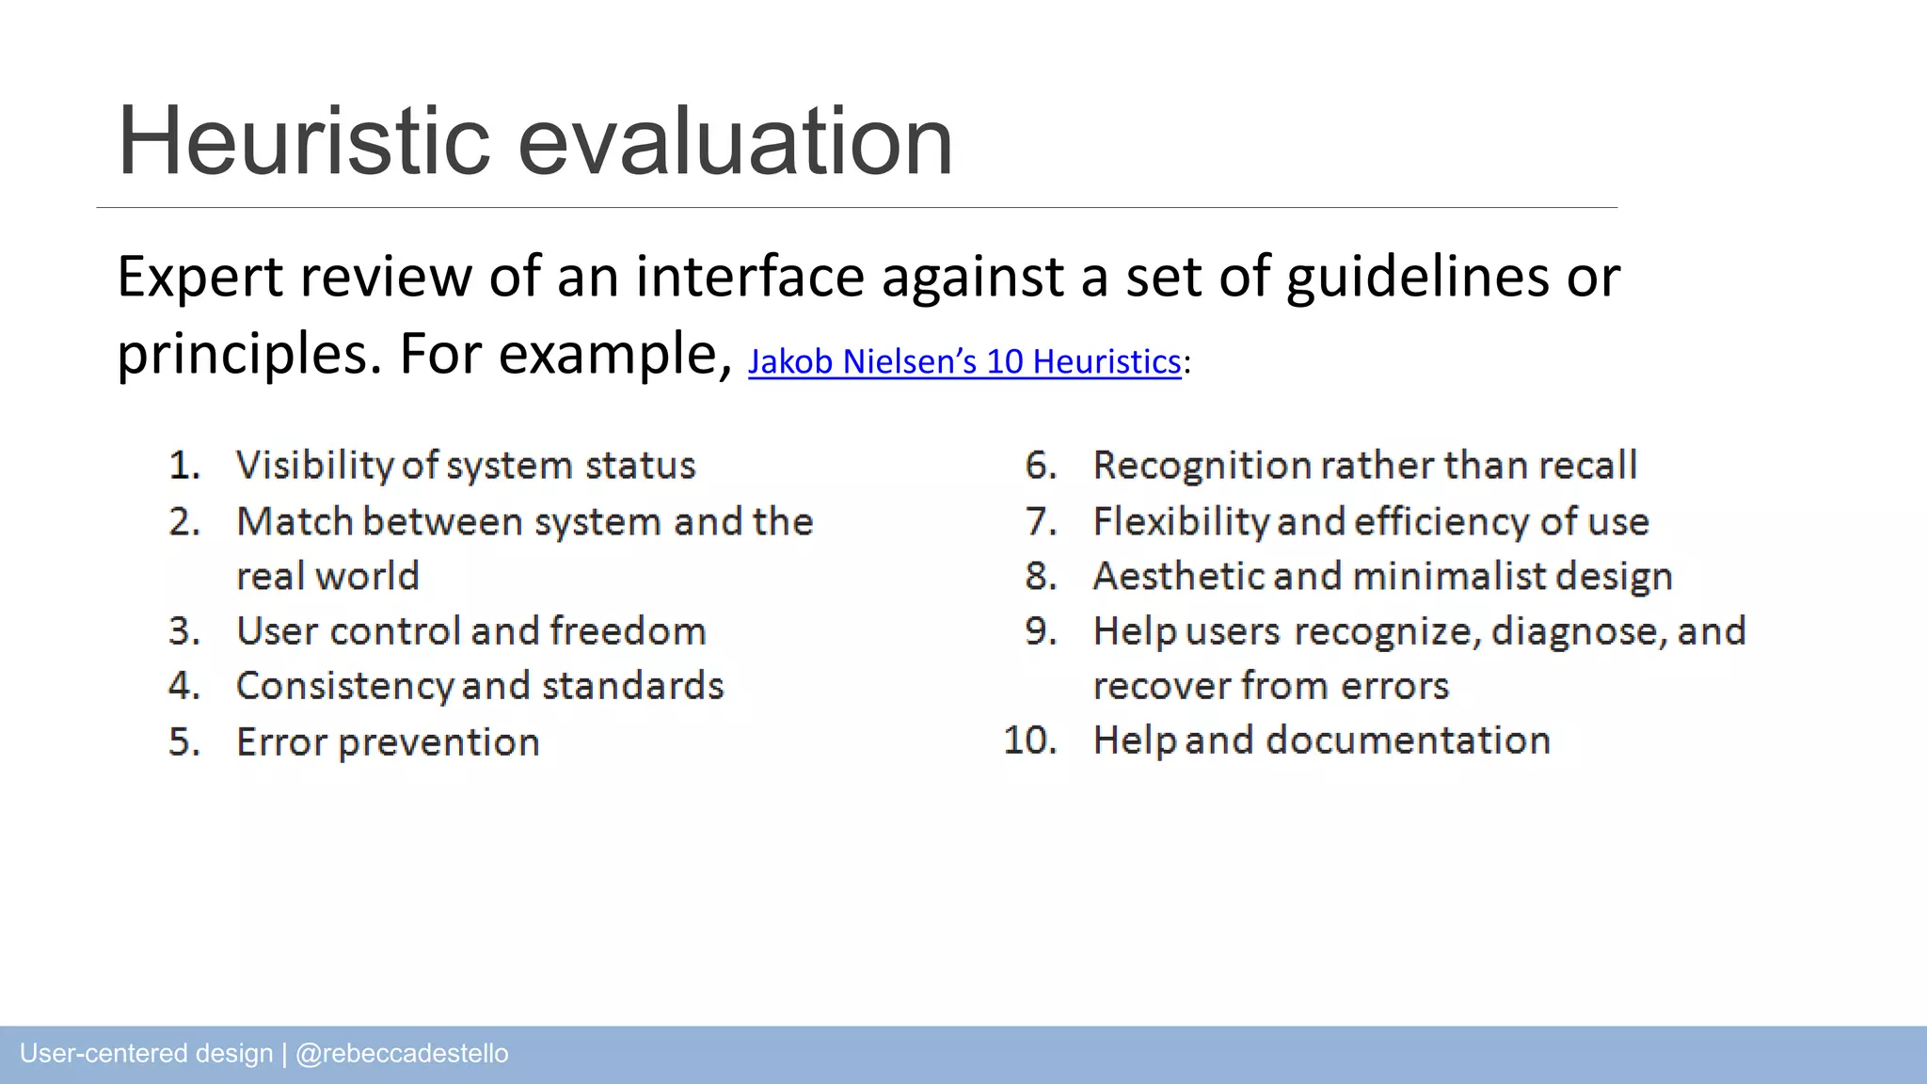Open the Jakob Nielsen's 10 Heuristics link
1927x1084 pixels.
(x=964, y=362)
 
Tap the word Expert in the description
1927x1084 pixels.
(x=199, y=278)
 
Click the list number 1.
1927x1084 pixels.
(x=184, y=466)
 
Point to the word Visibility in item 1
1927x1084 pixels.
(x=314, y=466)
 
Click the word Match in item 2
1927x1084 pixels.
(x=295, y=521)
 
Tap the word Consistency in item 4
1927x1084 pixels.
(x=344, y=686)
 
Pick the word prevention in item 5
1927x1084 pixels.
(x=438, y=742)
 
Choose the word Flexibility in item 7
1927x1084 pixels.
(x=1181, y=521)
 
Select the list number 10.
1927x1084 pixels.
(x=1030, y=741)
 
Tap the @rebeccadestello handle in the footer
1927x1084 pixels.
(x=402, y=1054)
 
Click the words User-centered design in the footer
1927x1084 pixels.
(x=146, y=1054)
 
